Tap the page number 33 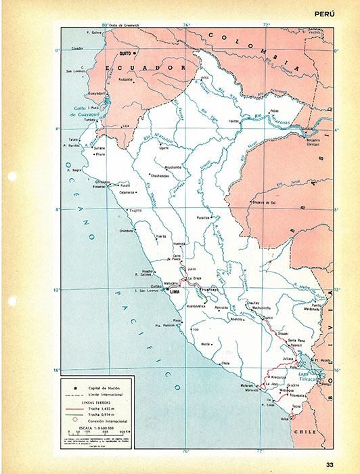pos(330,464)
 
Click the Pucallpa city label pos(204,218)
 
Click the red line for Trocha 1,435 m pos(74,409)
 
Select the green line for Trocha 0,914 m pos(74,415)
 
